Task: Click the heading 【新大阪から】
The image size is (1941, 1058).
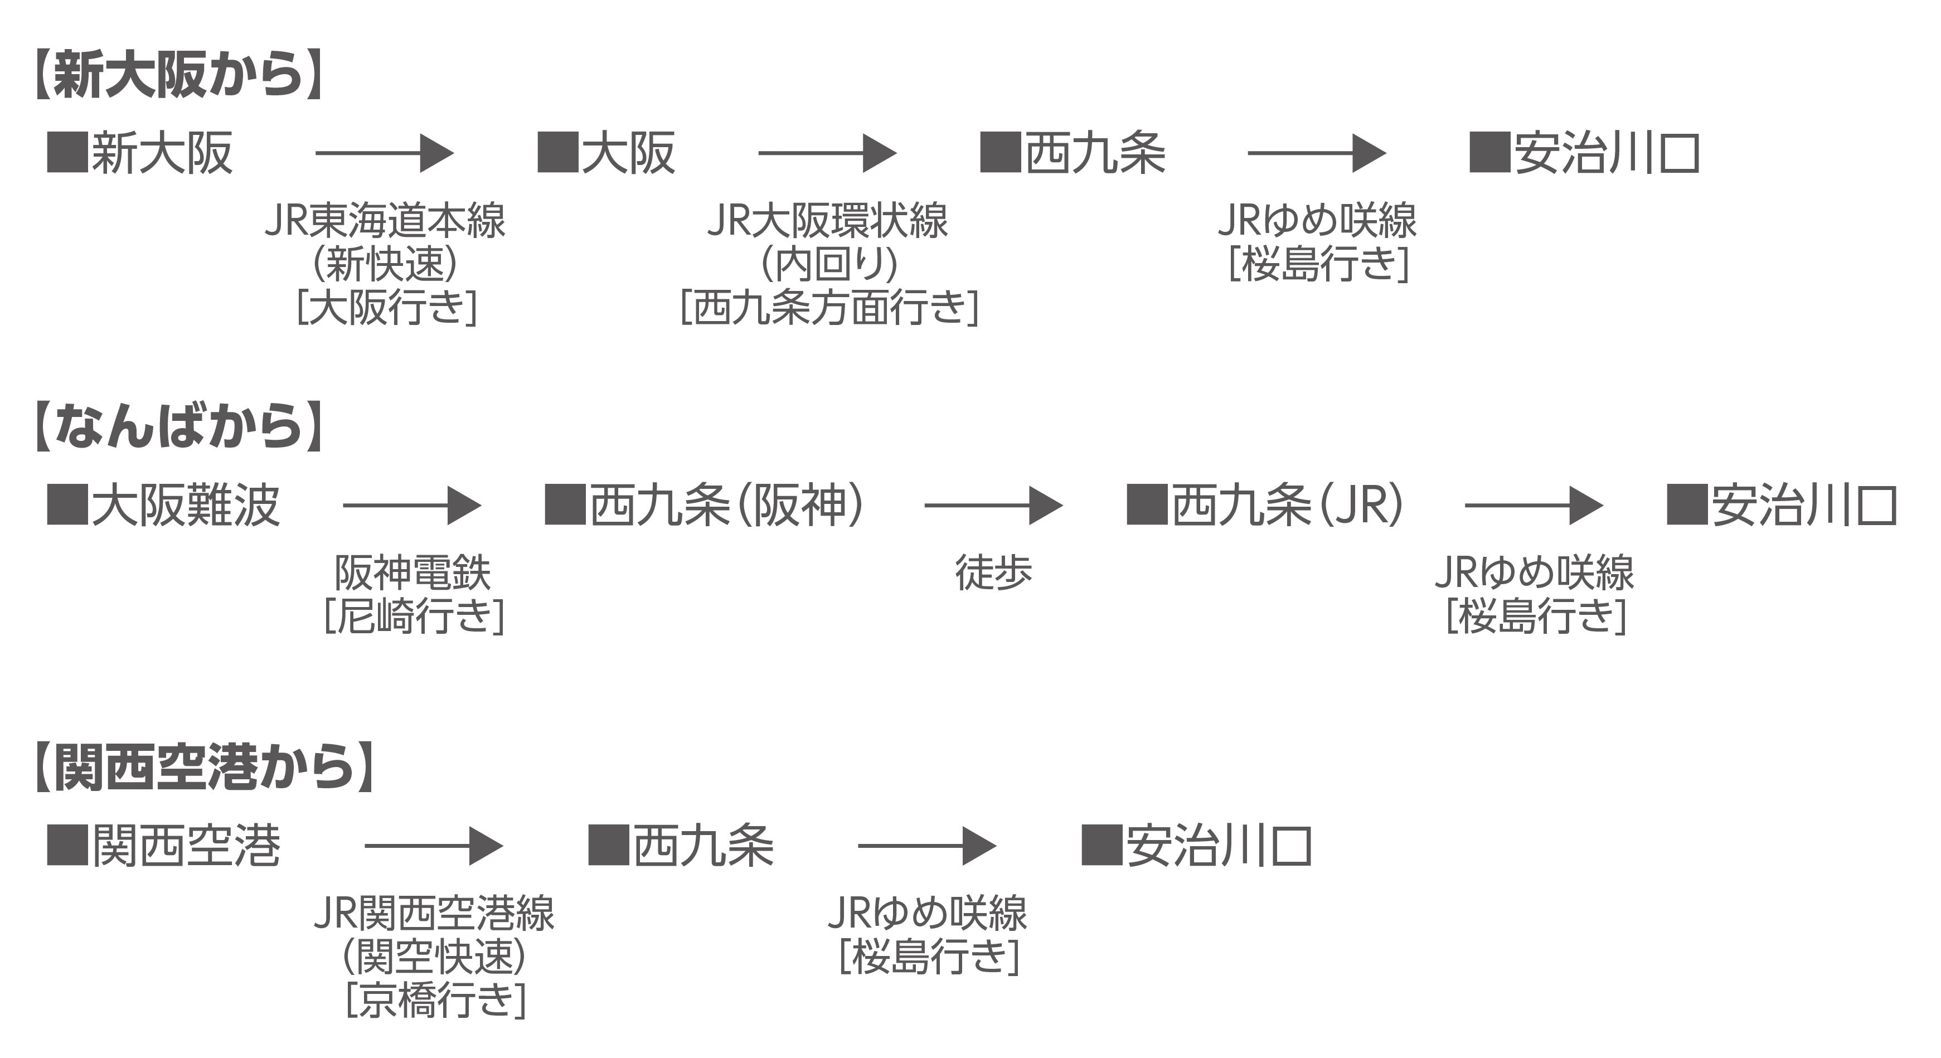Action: tap(179, 75)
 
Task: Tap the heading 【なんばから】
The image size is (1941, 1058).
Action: tap(179, 426)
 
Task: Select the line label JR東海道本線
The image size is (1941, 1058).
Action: tap(385, 221)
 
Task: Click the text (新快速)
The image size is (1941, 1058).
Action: tap(385, 264)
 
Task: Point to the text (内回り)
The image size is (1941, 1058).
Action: tap(829, 264)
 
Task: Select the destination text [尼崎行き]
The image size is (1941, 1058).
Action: tap(414, 615)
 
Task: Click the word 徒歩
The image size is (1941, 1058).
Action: tap(993, 572)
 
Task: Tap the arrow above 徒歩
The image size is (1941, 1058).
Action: tap(993, 505)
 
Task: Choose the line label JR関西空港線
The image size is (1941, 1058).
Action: tap(434, 913)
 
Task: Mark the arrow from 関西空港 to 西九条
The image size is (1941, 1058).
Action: tap(434, 846)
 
